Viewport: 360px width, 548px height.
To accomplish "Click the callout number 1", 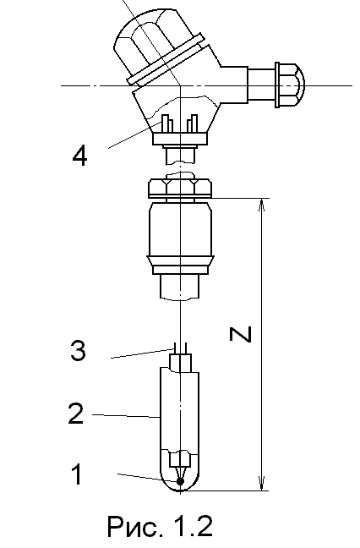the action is (78, 474).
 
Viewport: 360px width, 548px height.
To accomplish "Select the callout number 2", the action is (76, 413).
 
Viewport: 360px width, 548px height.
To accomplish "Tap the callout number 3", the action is (78, 351).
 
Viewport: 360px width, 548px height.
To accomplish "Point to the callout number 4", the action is (79, 155).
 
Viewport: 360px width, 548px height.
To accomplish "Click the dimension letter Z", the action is (241, 333).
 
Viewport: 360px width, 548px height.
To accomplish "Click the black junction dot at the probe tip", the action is (180, 481).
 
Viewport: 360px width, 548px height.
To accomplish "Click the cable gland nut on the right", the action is (290, 85).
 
